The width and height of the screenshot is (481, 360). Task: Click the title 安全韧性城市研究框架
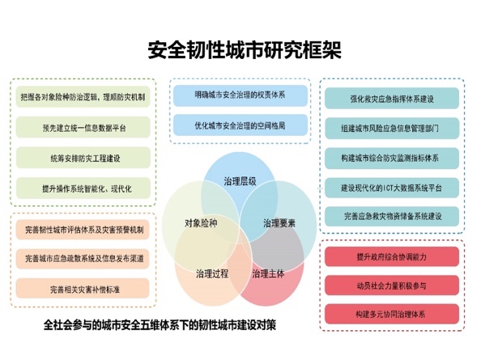(x=245, y=49)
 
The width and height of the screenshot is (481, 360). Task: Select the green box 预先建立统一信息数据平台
(x=83, y=127)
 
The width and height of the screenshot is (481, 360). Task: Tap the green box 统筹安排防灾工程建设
(x=83, y=158)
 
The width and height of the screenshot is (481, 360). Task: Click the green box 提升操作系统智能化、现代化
(x=83, y=188)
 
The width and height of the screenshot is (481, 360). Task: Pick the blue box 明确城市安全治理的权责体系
(x=240, y=95)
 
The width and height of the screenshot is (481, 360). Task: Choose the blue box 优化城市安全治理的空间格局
(x=240, y=125)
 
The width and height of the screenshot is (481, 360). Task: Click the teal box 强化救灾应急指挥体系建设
(x=392, y=99)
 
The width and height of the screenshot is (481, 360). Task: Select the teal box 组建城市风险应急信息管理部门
(x=392, y=128)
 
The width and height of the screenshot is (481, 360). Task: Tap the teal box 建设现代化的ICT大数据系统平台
(x=392, y=188)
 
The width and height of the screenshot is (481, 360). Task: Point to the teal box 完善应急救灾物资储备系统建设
(x=392, y=216)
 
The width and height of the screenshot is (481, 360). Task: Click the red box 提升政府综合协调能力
(x=392, y=256)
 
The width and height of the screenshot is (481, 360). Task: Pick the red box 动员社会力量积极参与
(x=392, y=286)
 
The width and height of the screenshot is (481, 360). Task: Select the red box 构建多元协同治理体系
(x=392, y=314)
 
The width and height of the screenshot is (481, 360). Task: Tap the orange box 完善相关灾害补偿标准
(x=83, y=288)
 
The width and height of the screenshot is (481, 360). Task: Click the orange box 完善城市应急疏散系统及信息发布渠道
(x=83, y=259)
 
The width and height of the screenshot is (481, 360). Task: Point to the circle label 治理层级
(x=240, y=181)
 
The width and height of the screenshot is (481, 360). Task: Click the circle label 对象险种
(x=201, y=223)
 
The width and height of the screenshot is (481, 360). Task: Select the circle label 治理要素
(x=279, y=223)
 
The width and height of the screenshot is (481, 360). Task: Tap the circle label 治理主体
(x=268, y=273)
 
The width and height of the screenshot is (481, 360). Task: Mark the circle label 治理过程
(x=212, y=273)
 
